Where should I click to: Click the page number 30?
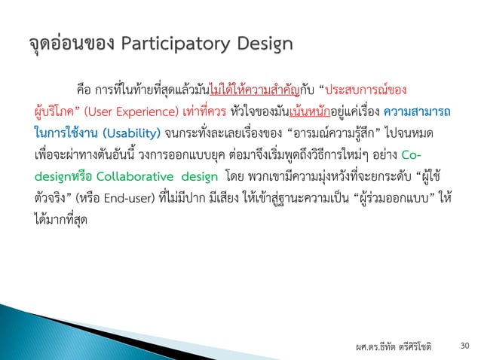coord(464,346)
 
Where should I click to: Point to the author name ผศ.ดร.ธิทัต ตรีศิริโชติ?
coord(394,346)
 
